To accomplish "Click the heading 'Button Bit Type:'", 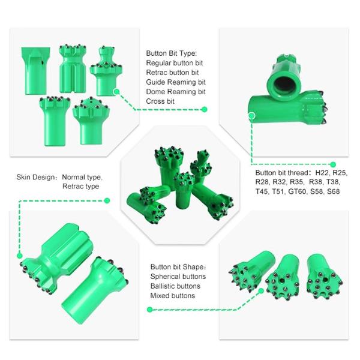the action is [172, 53].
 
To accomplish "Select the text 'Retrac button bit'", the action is [172, 73].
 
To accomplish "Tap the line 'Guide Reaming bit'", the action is [176, 82].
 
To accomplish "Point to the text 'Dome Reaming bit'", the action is [176, 92].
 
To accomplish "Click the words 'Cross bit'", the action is [160, 101].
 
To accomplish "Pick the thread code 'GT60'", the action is [298, 191].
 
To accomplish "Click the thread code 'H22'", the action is [322, 172].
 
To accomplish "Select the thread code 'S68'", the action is [333, 191].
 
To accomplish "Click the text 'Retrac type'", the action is [81, 186].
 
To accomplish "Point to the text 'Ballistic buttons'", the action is [175, 286].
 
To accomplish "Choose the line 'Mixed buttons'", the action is [173, 295].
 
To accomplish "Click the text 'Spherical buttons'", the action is [178, 277].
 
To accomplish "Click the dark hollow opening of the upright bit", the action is [285, 85].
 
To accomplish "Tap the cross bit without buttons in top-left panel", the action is [35, 71].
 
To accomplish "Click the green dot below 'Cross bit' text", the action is [204, 110].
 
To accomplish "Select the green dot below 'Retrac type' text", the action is [107, 200].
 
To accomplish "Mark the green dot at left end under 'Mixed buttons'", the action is [149, 310].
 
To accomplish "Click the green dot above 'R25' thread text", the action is [333, 164].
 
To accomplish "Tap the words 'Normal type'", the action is [82, 177].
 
